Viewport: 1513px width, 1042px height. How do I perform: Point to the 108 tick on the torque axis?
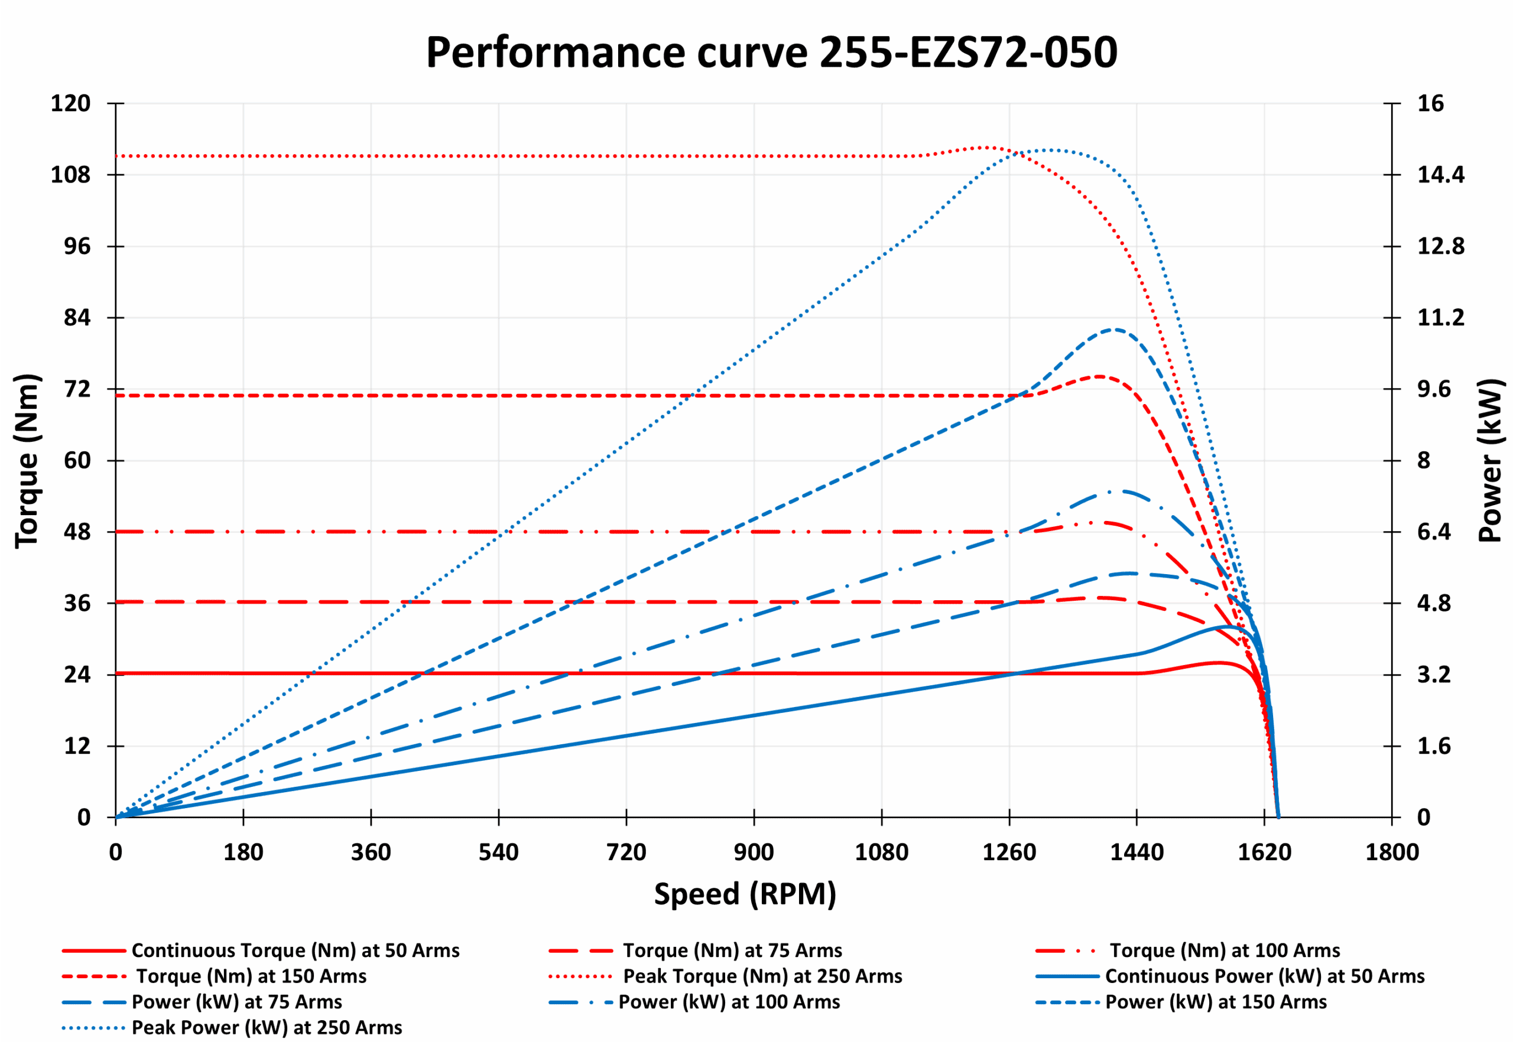pyautogui.click(x=70, y=175)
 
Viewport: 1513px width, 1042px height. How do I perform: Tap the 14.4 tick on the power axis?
pyautogui.click(x=1440, y=175)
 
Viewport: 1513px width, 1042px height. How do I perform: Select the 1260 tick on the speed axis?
pyautogui.click(x=1009, y=852)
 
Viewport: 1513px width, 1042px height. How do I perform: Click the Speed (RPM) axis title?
pyautogui.click(x=745, y=894)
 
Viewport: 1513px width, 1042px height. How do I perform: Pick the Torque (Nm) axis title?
pyautogui.click(x=27, y=460)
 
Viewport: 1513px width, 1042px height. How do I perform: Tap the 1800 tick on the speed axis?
pyautogui.click(x=1391, y=852)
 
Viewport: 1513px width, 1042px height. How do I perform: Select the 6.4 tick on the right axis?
pyautogui.click(x=1433, y=532)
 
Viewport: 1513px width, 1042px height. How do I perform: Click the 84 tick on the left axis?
pyautogui.click(x=77, y=318)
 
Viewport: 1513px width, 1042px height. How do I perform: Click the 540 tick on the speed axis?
pyautogui.click(x=498, y=852)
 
